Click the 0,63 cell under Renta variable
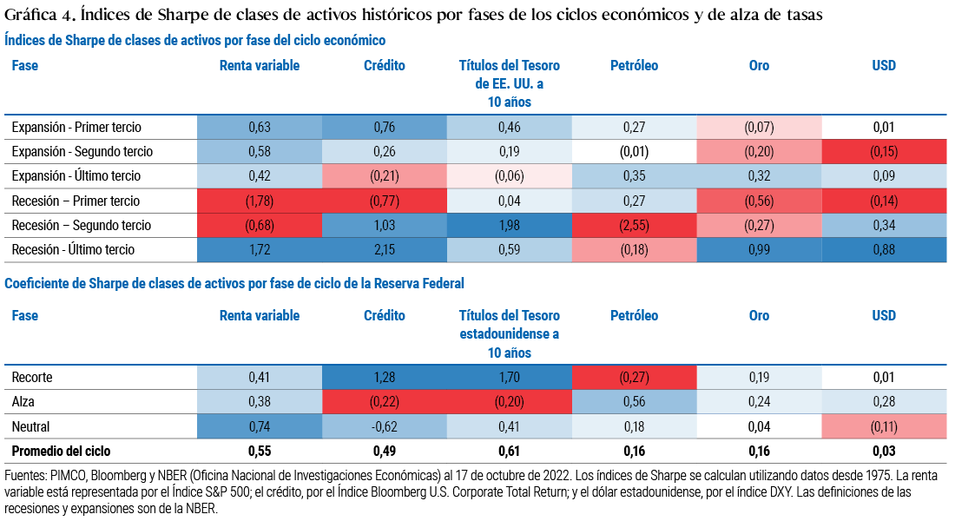pyautogui.click(x=259, y=128)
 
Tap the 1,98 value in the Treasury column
pyautogui.click(x=509, y=226)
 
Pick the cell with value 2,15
pyautogui.click(x=384, y=250)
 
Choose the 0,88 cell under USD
pyautogui.click(x=884, y=250)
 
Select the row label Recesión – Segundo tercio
pyautogui.click(x=81, y=226)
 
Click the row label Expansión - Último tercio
pyautogui.click(x=76, y=176)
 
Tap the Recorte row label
pyautogui.click(x=32, y=378)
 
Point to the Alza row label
pyautogui.click(x=23, y=402)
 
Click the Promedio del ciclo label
pyautogui.click(x=61, y=452)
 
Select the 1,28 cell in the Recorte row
pyautogui.click(x=384, y=378)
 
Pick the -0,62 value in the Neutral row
pyautogui.click(x=384, y=427)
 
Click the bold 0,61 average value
pyautogui.click(x=509, y=452)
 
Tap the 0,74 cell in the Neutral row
pyautogui.click(x=259, y=427)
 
